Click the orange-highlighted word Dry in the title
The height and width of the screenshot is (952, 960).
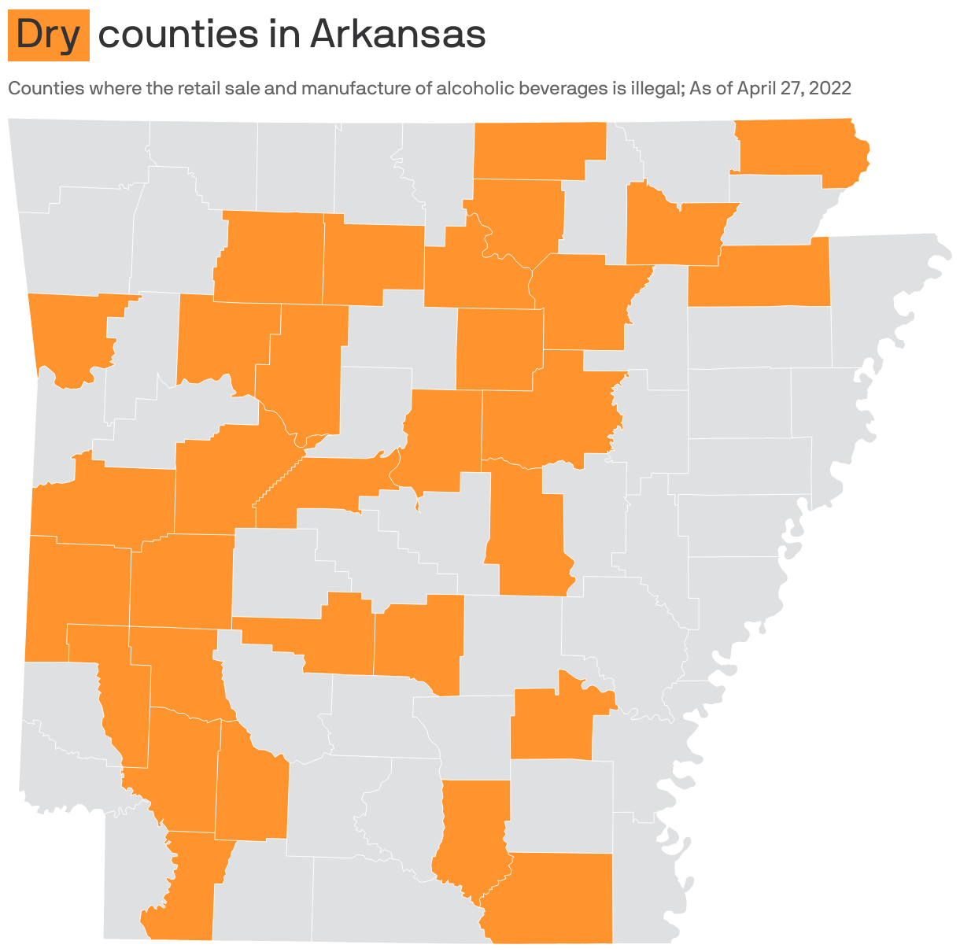click(x=49, y=35)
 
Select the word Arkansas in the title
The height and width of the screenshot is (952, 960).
click(x=397, y=35)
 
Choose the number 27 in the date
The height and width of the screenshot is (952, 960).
click(x=793, y=88)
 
